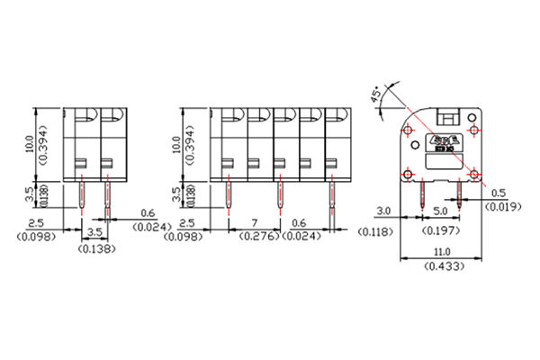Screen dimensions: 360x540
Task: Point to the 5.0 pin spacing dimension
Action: [x=440, y=212]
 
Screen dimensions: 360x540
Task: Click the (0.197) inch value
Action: [x=440, y=230]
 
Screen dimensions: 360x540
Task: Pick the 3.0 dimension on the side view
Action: [x=382, y=212]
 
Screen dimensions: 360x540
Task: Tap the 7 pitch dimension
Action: [x=256, y=221]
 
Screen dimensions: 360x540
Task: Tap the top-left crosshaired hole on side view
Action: [x=409, y=131]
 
